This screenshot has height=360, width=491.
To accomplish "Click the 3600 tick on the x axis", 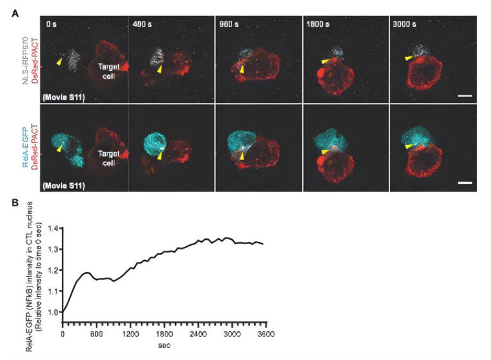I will tap(266, 334).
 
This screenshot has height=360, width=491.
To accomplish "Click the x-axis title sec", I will tap(164, 345).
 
